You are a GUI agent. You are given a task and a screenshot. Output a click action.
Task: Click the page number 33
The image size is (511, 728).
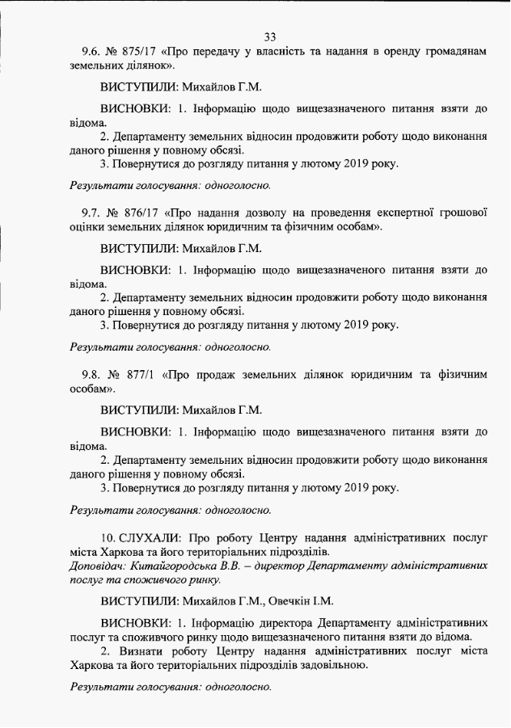coord(270,36)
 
